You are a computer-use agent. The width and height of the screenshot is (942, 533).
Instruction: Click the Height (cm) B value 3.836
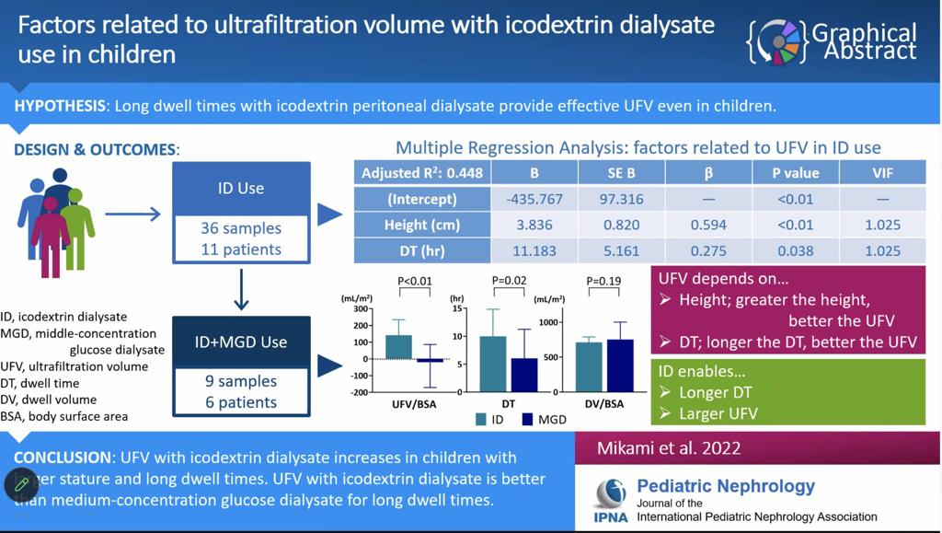tap(534, 225)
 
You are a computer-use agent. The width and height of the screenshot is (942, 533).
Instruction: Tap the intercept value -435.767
tap(534, 199)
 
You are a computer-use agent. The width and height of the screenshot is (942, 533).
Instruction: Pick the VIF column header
tap(882, 172)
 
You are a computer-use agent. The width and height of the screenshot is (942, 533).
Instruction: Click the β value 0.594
tap(707, 225)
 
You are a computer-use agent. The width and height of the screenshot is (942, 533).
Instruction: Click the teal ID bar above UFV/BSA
tap(398, 346)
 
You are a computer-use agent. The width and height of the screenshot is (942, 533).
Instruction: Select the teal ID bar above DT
tap(493, 364)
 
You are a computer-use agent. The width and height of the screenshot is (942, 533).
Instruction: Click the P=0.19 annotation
tap(603, 281)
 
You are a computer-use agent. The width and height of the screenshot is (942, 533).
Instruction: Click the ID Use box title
tap(241, 188)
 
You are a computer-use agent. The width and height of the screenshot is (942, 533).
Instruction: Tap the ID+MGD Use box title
tap(241, 342)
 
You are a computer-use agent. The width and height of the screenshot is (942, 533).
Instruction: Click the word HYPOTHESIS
tap(60, 106)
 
